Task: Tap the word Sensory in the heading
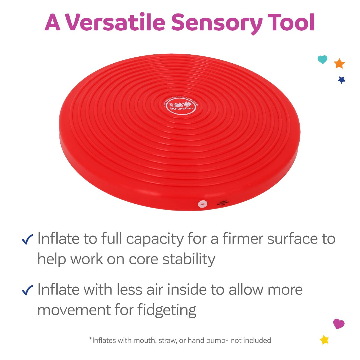tap(217, 22)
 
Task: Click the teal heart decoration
tap(322, 59)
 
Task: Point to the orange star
tap(339, 64)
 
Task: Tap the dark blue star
tap(341, 80)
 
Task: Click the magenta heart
tap(339, 324)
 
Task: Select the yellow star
tap(324, 340)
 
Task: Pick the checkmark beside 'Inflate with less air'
tap(28, 290)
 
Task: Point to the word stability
tap(189, 259)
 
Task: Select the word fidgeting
tap(167, 310)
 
